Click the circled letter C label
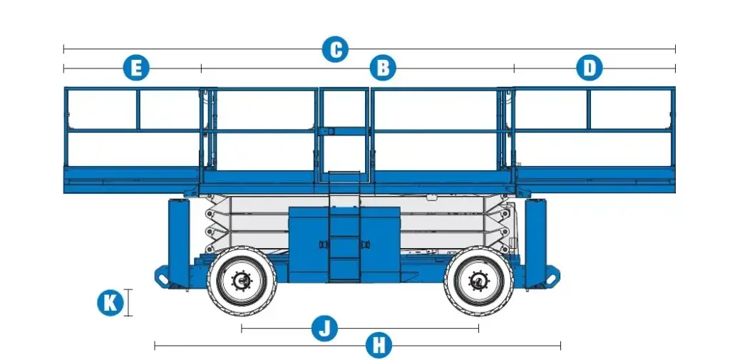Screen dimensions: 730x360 335,49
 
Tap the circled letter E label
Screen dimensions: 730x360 136,68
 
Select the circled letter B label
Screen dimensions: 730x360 383,68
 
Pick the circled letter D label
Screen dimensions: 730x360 590,68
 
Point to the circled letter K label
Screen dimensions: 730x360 110,303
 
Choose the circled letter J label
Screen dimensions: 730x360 324,329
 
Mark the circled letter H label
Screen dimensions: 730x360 379,346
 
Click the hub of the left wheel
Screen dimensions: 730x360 242,280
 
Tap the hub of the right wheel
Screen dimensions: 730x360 478,280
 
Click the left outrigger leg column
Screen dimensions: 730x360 179,242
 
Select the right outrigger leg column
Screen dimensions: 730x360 535,242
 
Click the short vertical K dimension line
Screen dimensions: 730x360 128,303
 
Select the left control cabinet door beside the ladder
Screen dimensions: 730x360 309,245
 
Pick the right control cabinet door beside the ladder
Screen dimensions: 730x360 380,245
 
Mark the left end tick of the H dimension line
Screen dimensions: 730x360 155,346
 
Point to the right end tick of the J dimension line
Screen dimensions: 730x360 478,329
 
